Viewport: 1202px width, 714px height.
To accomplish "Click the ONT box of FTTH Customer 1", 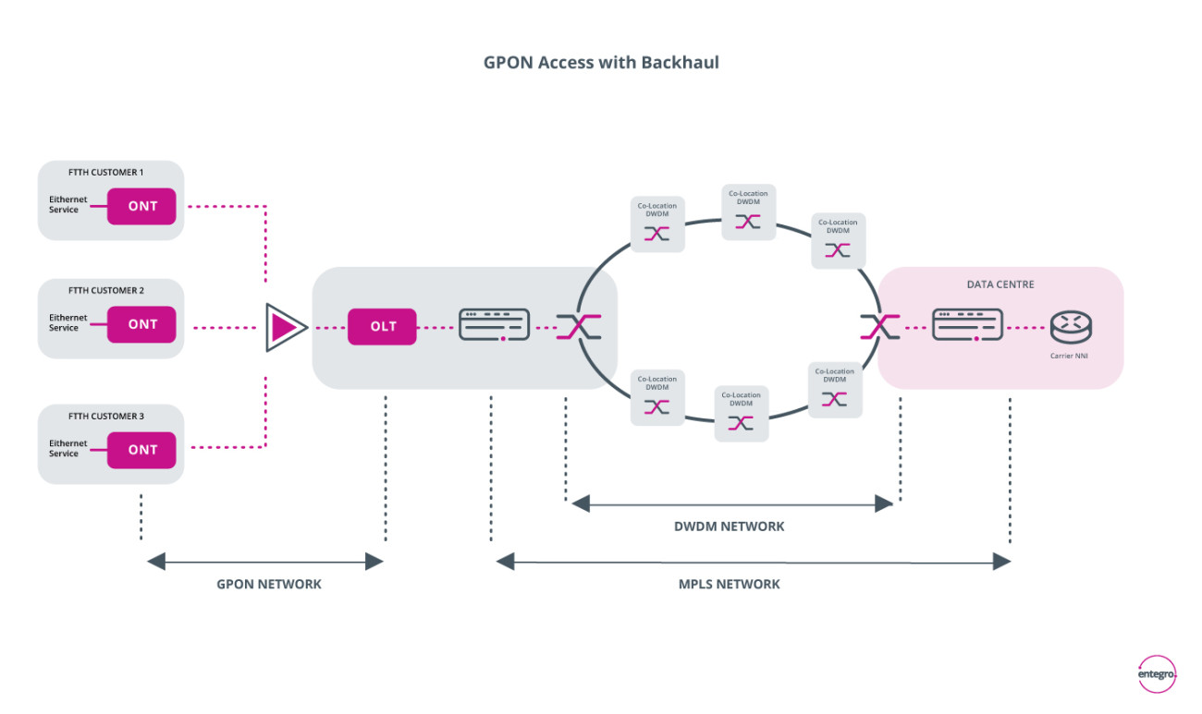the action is [141, 206].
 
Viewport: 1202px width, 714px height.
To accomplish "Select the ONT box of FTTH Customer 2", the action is [141, 324].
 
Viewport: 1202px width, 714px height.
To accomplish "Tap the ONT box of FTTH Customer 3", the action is [141, 450].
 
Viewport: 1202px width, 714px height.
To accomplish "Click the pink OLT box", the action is [382, 326].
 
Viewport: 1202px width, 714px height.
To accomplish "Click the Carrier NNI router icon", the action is [1071, 327].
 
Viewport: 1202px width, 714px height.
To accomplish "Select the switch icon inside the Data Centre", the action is [967, 325].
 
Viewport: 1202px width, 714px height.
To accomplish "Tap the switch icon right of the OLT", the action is [495, 325].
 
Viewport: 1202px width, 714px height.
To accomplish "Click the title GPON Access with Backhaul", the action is [601, 62].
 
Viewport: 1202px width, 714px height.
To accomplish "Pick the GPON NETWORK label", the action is [269, 585].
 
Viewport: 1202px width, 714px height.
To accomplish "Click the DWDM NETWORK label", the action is [730, 526].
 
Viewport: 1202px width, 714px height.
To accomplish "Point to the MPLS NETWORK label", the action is [730, 585].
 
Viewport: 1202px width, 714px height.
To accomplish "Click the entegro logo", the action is [1157, 673].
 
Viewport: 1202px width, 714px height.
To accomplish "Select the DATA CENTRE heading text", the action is [1000, 284].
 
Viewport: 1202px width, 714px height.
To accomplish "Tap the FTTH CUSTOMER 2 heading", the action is [106, 291].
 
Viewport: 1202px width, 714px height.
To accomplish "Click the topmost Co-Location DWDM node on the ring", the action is [749, 212].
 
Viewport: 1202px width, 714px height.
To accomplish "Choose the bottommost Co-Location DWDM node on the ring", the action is [741, 413].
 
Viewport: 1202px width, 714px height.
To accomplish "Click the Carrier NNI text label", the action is [1069, 356].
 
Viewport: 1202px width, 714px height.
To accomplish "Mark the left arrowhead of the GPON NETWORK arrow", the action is [156, 562].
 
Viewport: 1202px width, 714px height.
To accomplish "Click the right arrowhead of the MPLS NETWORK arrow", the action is [1002, 562].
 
